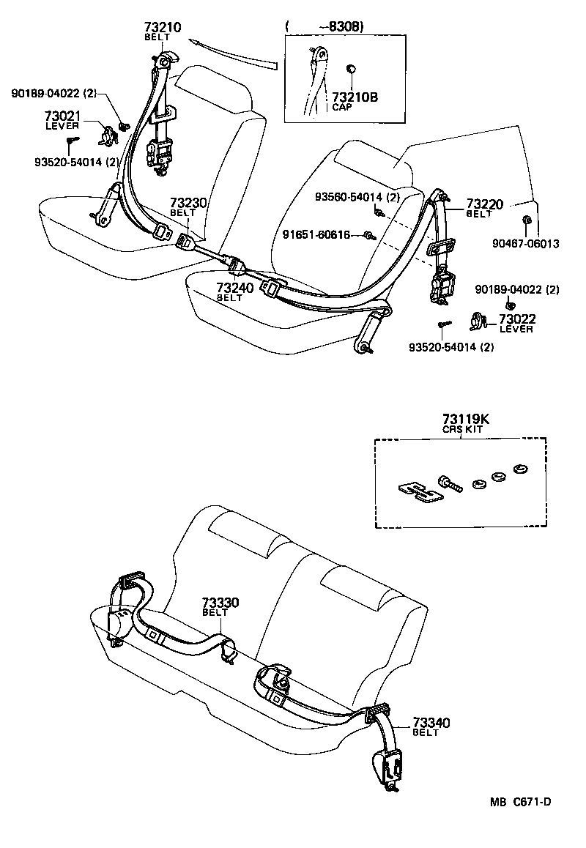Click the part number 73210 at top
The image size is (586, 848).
(163, 28)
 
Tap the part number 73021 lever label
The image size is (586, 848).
(62, 116)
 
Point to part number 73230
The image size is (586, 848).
(188, 203)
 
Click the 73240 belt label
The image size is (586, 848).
(234, 289)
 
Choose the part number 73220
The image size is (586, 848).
(485, 204)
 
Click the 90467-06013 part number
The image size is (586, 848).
(525, 243)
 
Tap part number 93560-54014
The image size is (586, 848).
(357, 197)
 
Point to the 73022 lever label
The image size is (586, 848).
(517, 319)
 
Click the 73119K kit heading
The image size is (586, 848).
(465, 419)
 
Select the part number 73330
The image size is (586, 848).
(220, 603)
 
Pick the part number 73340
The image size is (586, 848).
(431, 723)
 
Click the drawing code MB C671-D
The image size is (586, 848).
(521, 802)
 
